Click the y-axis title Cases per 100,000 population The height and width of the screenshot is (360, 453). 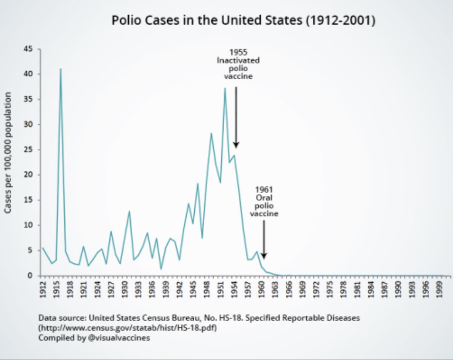pos(8,152)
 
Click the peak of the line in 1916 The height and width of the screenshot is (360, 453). pos(61,69)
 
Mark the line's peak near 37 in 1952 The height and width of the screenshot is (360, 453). pos(225,88)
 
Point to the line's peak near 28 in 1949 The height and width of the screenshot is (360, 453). pos(211,133)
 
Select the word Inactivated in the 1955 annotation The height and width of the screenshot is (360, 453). pos(238,60)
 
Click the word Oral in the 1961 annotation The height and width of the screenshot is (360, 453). pos(264,198)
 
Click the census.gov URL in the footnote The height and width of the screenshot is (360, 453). pos(128,328)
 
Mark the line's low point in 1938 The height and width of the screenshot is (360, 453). pos(161,269)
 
